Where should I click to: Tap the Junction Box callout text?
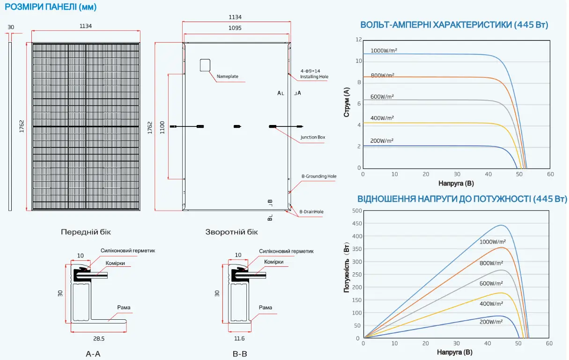pos(313,137)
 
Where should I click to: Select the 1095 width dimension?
pos(235,28)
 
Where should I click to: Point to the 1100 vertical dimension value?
pos(162,127)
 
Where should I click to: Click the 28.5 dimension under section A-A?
pos(99,338)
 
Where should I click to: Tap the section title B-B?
pos(240,354)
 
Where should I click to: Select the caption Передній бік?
pos(86,232)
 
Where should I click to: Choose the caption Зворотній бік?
pos(231,232)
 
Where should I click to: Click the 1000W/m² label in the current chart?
pos(384,51)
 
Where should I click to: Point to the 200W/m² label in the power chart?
pos(491,322)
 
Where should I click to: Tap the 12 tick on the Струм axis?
pos(359,40)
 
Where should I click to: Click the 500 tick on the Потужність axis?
pos(357,211)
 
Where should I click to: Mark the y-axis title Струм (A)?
pos(347,104)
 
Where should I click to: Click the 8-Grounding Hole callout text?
pos(319,176)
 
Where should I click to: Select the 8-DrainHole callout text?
pos(311,212)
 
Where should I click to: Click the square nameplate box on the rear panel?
pos(205,65)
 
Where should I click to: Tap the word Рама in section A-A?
pos(124,308)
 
